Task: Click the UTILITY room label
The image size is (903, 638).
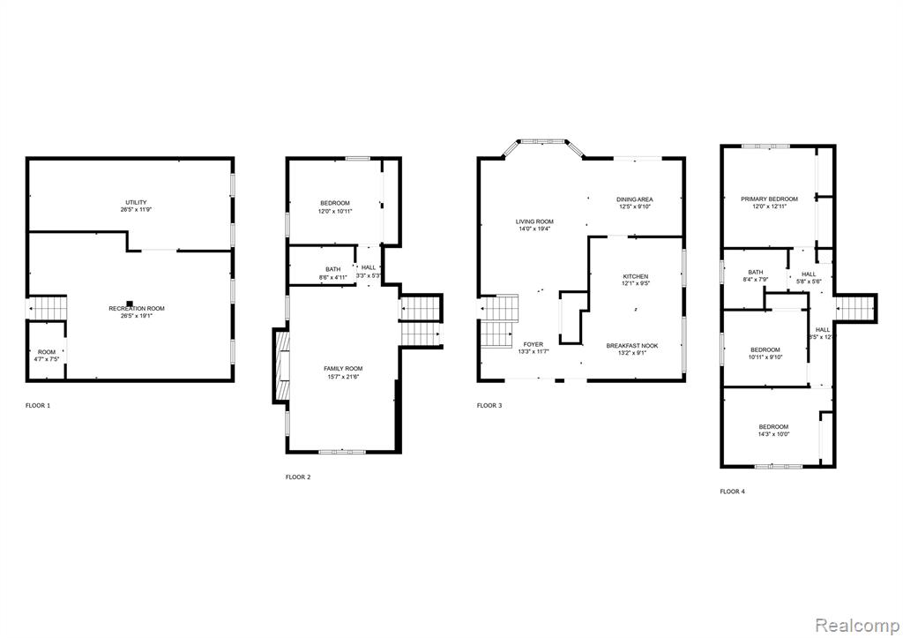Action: coord(135,206)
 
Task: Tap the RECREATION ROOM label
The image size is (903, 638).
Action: coord(137,311)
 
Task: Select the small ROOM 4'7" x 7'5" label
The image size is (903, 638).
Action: coord(46,355)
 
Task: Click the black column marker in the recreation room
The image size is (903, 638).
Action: coord(130,300)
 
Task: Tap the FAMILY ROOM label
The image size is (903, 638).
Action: coord(341,372)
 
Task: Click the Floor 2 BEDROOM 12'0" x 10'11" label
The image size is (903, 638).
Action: coord(334,206)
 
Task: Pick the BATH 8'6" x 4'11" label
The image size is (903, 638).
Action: coord(332,273)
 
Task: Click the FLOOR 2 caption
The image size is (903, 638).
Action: coord(297,477)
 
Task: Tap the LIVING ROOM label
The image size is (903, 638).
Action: coord(534,225)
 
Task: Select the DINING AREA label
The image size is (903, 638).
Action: coord(635,203)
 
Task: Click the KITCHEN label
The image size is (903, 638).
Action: coord(635,280)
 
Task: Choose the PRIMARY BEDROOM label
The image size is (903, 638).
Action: coord(769,202)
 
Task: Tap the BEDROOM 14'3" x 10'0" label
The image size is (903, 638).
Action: coord(774,430)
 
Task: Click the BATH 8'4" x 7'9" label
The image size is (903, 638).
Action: coord(756,275)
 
